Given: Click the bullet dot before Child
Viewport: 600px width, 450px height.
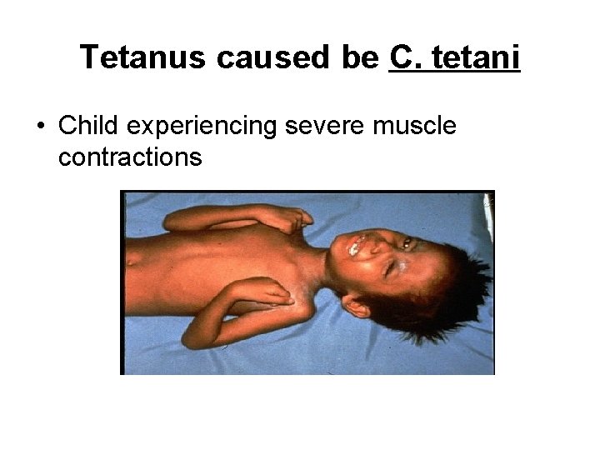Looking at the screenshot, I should pyautogui.click(x=40, y=127).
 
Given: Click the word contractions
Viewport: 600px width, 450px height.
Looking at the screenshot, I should pyautogui.click(x=131, y=157).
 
